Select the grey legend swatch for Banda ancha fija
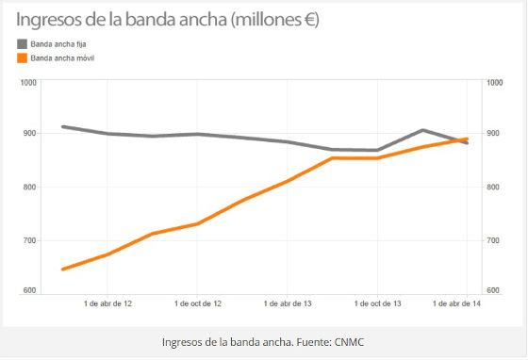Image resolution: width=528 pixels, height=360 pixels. click(x=22, y=43)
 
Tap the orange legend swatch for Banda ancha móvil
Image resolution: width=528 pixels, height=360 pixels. click(x=22, y=58)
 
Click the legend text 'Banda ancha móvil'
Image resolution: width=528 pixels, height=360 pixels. click(x=62, y=58)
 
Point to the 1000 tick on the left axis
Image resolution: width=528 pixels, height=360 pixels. click(x=26, y=83)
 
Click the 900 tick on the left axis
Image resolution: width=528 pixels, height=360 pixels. click(x=28, y=134)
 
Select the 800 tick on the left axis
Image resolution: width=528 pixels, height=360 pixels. click(x=28, y=188)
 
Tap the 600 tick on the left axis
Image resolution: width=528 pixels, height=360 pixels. click(x=28, y=290)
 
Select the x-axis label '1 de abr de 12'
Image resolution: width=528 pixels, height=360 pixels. click(x=107, y=303)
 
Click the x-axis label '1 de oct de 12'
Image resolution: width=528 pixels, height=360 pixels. click(x=198, y=303)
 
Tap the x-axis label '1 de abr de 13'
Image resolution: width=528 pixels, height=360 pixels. click(x=288, y=303)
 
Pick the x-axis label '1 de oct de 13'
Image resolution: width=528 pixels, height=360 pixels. click(x=377, y=303)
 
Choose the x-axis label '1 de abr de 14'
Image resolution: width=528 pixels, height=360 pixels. click(x=456, y=303)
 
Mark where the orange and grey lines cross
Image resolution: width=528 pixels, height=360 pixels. click(x=459, y=140)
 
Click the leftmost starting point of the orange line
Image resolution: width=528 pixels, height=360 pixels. click(x=63, y=270)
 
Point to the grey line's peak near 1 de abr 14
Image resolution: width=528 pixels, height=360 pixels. click(x=422, y=130)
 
